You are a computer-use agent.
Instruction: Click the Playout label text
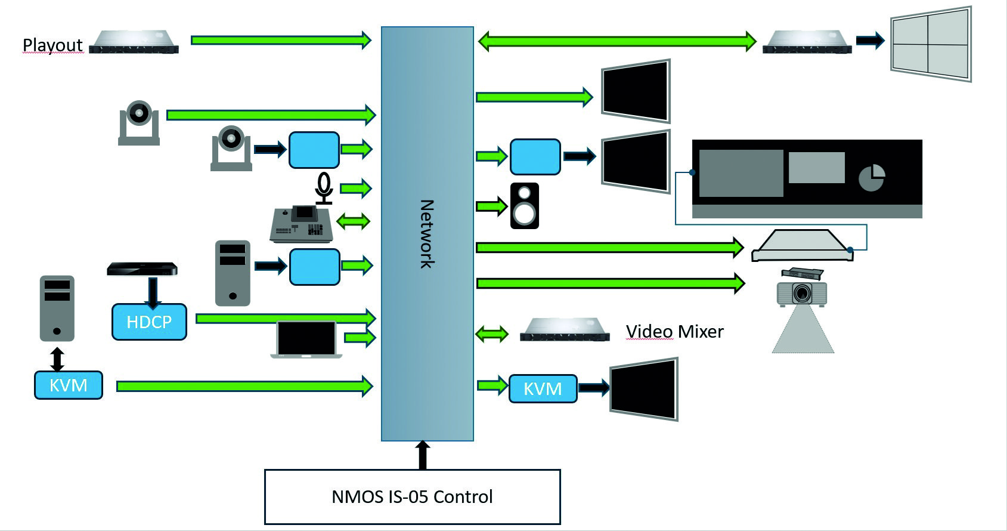click(x=52, y=45)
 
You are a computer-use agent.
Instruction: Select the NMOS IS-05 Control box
click(x=412, y=496)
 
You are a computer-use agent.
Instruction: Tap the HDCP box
click(x=149, y=322)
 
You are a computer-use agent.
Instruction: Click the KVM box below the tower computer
click(x=68, y=385)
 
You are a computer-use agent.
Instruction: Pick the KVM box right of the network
click(x=543, y=389)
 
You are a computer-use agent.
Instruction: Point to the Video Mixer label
click(x=674, y=332)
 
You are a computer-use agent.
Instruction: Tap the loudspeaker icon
click(x=525, y=206)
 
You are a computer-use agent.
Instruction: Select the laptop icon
click(x=306, y=339)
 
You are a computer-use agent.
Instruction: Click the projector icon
click(x=802, y=293)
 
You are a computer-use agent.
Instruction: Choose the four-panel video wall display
click(x=930, y=44)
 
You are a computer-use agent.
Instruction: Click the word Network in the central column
click(x=427, y=234)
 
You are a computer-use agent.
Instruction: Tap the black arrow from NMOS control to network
click(x=422, y=455)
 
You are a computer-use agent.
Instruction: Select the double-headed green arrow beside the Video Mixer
click(x=492, y=334)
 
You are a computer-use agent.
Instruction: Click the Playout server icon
click(x=134, y=42)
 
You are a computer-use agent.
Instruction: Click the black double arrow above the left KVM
click(x=57, y=359)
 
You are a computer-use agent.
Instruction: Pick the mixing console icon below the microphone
click(x=301, y=224)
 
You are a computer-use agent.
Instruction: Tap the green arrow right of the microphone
click(x=356, y=189)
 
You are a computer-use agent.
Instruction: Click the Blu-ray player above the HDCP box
click(x=142, y=269)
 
